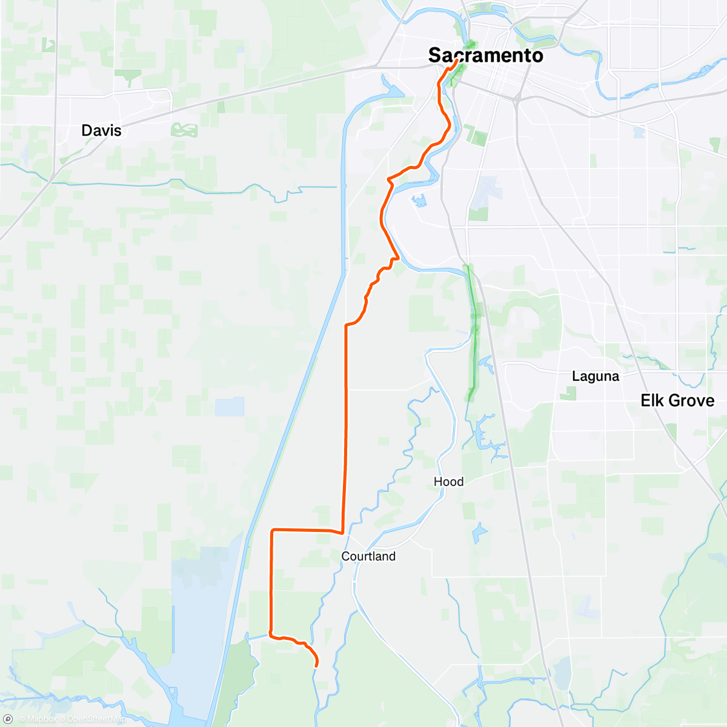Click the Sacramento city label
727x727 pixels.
pos(485,55)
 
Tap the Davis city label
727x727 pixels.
pos(101,130)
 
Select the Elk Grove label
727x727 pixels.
pos(677,400)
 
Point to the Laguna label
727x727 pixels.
pos(596,376)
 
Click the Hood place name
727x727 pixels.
pos(448,482)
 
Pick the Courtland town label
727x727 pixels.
pos(368,556)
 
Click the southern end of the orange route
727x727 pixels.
pos(317,666)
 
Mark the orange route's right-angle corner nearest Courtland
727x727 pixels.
pos(343,533)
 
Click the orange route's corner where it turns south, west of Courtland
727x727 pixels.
pos(272,530)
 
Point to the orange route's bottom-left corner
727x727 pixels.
pos(271,636)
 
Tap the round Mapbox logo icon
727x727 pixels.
pos(8,719)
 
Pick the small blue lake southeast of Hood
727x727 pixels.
pos(479,533)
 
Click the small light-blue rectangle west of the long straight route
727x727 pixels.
pos(229,407)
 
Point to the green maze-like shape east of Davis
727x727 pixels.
pos(184,130)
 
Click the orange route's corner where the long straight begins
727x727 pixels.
pos(346,325)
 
